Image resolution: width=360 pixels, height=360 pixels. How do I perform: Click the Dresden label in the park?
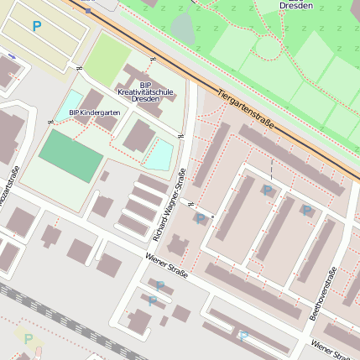click(295, 6)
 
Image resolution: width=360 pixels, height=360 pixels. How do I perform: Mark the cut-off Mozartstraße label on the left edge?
click(10, 185)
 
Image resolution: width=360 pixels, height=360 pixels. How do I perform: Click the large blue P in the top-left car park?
click(36, 26)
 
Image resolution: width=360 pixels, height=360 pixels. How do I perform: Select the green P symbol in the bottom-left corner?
click(29, 339)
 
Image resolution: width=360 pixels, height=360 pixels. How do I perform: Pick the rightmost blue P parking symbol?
click(307, 211)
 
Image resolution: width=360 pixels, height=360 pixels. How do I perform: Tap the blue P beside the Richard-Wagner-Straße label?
click(200, 219)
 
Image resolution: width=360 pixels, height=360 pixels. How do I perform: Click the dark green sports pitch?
click(70, 155)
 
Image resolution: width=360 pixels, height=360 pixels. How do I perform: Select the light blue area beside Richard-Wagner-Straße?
click(159, 154)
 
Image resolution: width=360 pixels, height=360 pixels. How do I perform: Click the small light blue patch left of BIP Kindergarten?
click(72, 100)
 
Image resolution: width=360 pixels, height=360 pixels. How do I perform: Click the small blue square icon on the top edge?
click(87, 10)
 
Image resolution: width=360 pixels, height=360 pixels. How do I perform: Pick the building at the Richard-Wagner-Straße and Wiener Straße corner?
click(178, 247)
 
